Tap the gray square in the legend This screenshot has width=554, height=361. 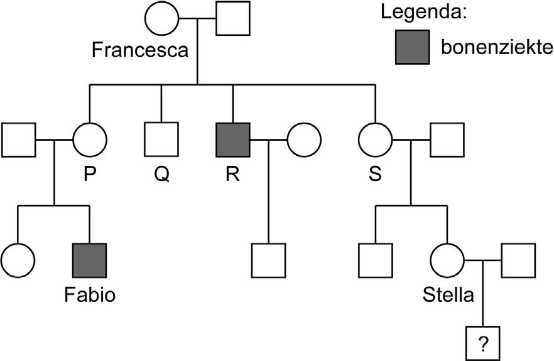click(412, 47)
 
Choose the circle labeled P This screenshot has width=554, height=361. click(90, 139)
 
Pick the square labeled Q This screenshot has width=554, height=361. click(161, 139)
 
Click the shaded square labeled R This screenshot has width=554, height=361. click(233, 139)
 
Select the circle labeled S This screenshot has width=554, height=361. click(375, 139)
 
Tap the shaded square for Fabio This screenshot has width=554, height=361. click(90, 260)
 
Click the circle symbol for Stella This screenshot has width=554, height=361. click(447, 260)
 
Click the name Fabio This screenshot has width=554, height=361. click(90, 294)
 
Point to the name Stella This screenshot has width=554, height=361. click(448, 294)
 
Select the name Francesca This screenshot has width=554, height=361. click(139, 50)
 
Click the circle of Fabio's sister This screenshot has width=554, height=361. click(18, 260)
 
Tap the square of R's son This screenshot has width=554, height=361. click(269, 260)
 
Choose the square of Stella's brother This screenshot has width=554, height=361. click(375, 260)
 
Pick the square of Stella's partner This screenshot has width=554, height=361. click(518, 260)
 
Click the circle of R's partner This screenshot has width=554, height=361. click(305, 139)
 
